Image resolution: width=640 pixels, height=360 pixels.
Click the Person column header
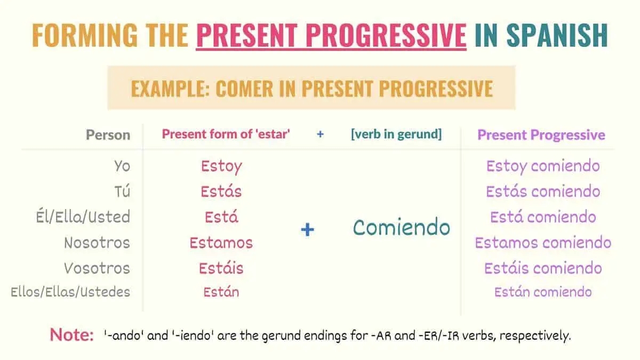click(x=108, y=134)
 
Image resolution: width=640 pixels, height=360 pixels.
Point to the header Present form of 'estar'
click(x=226, y=134)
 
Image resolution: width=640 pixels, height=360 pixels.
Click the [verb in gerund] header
click(x=396, y=134)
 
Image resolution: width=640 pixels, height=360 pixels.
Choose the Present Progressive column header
click(x=541, y=134)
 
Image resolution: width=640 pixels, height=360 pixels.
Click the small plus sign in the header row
click(x=320, y=134)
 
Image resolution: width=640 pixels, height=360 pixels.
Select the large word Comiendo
click(x=401, y=228)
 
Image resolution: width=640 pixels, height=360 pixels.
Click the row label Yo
click(x=122, y=166)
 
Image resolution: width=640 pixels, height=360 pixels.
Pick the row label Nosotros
click(x=97, y=243)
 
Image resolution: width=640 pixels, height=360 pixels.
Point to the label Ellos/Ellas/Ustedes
click(x=70, y=292)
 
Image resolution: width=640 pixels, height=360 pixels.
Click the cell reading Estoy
click(x=221, y=166)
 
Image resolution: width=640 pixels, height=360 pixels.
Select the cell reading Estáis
click(x=221, y=268)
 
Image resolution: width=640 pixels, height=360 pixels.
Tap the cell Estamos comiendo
click(x=543, y=243)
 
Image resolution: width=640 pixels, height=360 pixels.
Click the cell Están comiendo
click(x=543, y=292)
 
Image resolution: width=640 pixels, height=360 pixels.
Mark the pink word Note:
click(x=71, y=335)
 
